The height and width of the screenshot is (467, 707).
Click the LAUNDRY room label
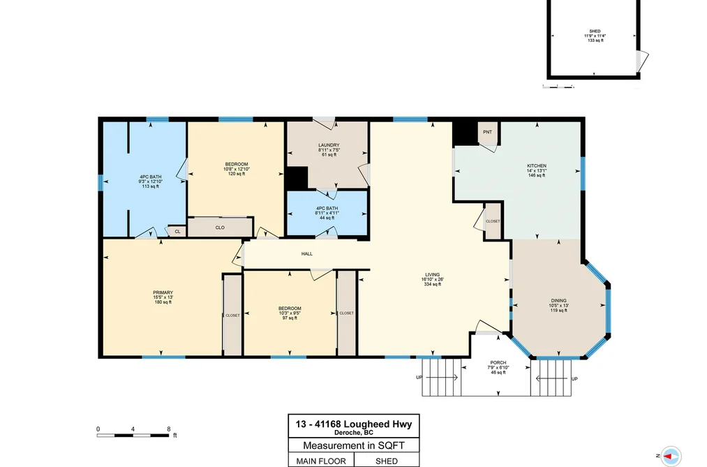(x=329, y=145)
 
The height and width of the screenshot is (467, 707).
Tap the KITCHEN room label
(x=537, y=166)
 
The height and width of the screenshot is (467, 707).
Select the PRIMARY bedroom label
(x=163, y=292)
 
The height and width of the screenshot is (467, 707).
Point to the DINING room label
(x=558, y=301)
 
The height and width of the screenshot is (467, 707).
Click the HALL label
(x=307, y=254)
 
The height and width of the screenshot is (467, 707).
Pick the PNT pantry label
(x=487, y=132)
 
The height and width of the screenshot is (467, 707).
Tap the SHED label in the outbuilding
(x=595, y=31)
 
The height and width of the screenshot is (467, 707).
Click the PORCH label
(x=498, y=363)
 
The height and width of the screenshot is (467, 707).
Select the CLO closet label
(x=220, y=228)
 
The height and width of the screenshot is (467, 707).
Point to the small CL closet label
(x=177, y=232)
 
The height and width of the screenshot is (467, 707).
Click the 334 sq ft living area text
(x=433, y=284)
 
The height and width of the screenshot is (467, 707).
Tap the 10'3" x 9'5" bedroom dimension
(x=290, y=313)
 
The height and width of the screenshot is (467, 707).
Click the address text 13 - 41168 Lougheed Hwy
(x=353, y=424)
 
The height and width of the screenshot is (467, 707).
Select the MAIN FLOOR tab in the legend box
(x=321, y=461)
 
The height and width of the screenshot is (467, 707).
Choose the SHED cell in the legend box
(x=387, y=461)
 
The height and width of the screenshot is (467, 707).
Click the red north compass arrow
(x=668, y=457)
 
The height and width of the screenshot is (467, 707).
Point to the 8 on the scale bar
(x=169, y=429)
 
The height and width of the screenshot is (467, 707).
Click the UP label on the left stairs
(x=419, y=377)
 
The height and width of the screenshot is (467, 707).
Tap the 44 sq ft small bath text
(x=327, y=218)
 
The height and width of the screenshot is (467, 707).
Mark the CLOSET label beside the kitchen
(x=493, y=221)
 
